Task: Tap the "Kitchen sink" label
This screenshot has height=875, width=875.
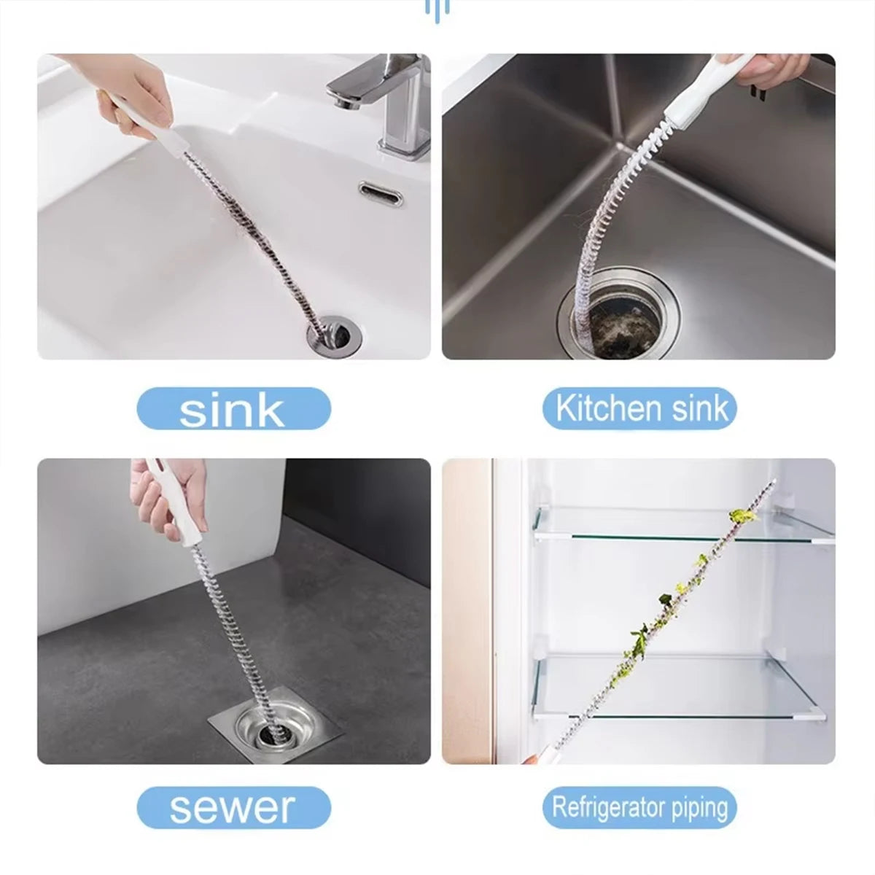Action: (639, 408)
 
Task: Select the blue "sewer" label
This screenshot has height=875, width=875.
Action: (233, 807)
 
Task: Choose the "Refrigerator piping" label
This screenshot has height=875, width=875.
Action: (639, 808)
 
